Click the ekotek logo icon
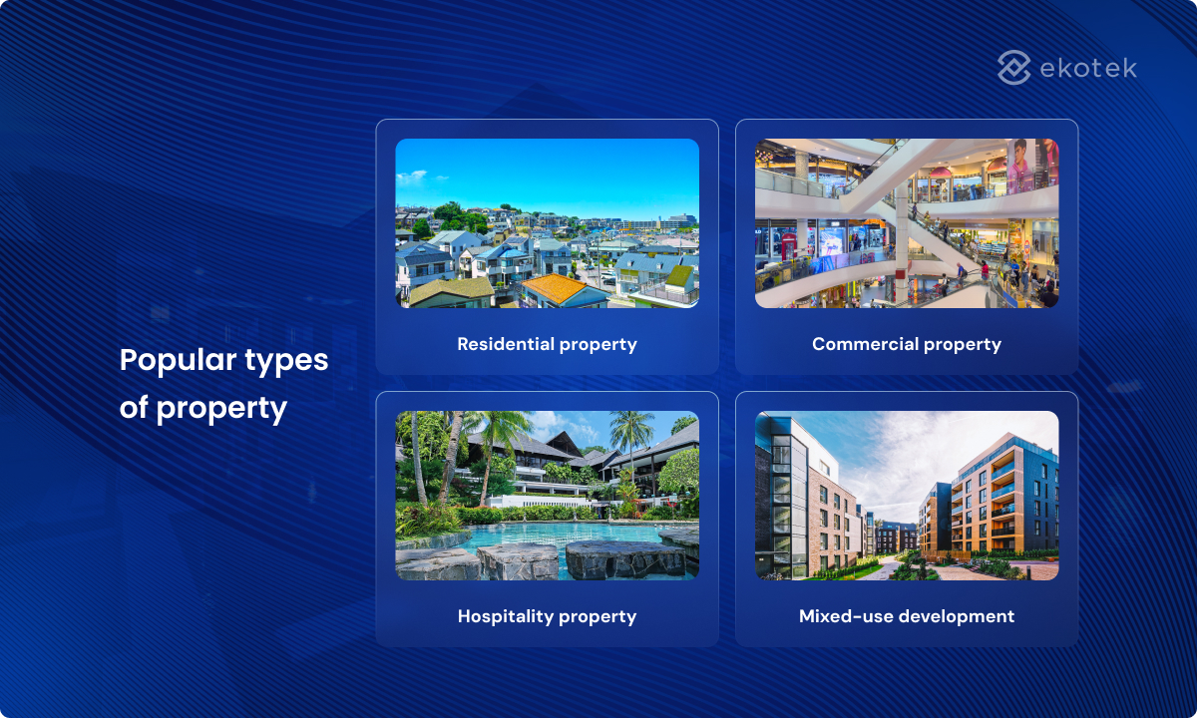pos(1014,68)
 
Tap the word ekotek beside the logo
pos(1088,68)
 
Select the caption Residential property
pos(547,344)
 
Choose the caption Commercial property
pos(906,344)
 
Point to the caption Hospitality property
pos(547,616)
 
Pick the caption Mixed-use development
pos(906,616)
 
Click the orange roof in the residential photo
pos(555,290)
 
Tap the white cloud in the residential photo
pos(412,178)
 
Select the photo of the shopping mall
pos(906,222)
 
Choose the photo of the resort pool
pos(547,495)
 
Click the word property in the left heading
pos(221,408)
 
